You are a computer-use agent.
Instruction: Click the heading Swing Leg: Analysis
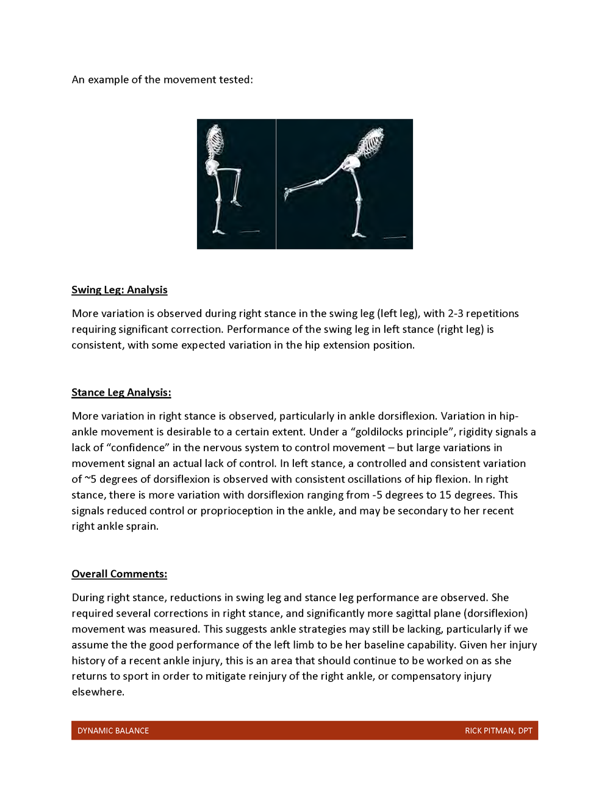click(x=119, y=290)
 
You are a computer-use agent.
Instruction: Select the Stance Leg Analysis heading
click(x=121, y=392)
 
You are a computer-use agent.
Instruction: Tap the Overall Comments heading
click(x=119, y=574)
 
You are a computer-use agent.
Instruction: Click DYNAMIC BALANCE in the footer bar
click(x=113, y=730)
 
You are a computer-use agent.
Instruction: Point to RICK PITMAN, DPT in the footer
click(x=498, y=730)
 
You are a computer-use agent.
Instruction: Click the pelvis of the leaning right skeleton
click(x=352, y=163)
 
